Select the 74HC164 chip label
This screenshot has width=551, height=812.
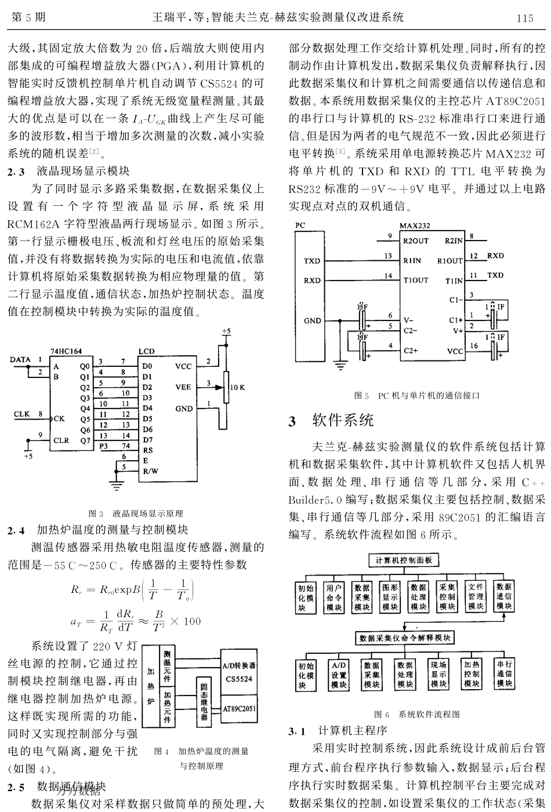point(66,352)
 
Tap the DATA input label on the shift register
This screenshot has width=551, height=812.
point(20,360)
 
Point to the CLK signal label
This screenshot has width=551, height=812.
point(21,414)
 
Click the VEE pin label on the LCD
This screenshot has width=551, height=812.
point(183,387)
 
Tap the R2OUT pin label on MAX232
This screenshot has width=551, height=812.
point(416,240)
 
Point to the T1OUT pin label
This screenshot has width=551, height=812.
point(416,280)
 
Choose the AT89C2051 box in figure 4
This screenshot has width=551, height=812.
point(240,708)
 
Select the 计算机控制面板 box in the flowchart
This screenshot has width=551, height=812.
point(404,560)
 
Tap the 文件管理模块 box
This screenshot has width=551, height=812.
point(476,596)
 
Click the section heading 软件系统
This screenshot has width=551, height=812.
point(343,420)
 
